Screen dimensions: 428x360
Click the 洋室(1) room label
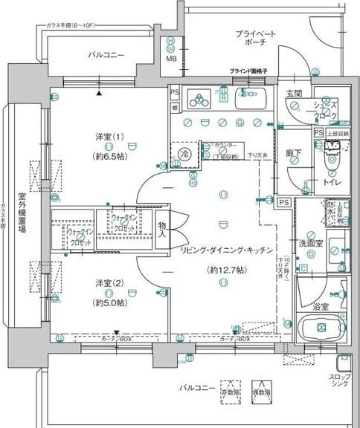tap(109, 138)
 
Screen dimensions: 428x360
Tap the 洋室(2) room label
tap(109, 284)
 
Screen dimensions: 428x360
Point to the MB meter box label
tap(171, 59)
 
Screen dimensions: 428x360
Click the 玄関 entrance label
tap(294, 94)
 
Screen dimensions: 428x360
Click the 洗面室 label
tap(309, 243)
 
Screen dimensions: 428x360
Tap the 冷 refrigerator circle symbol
tap(184, 154)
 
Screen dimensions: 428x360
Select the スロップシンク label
tap(343, 382)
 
